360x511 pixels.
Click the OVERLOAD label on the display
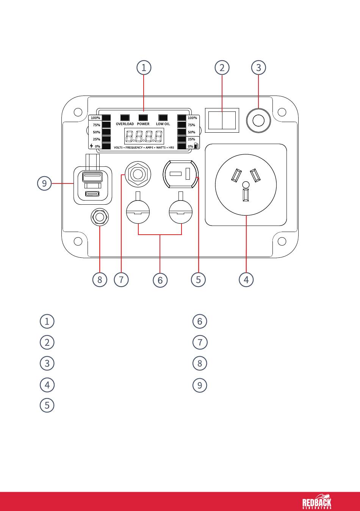click(x=125, y=124)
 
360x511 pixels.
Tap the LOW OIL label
click(x=163, y=124)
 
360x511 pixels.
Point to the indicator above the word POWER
click(x=143, y=118)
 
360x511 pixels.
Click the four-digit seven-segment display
click(x=144, y=136)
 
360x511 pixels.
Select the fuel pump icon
click(x=196, y=145)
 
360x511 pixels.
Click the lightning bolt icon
click(x=91, y=146)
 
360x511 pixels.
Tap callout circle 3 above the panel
click(x=258, y=67)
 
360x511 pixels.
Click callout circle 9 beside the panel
click(x=44, y=183)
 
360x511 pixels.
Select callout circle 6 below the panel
click(x=160, y=280)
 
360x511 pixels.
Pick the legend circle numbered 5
click(x=47, y=405)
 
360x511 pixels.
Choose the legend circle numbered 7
click(x=200, y=342)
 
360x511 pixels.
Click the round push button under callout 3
click(x=258, y=120)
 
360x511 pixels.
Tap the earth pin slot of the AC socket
click(x=246, y=195)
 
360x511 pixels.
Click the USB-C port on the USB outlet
click(x=92, y=194)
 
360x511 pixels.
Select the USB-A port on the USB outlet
click(x=92, y=177)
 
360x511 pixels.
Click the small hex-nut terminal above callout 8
click(x=100, y=217)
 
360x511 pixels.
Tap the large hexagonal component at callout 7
click(x=138, y=174)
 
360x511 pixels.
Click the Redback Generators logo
click(x=317, y=501)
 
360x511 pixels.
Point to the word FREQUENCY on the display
click(x=134, y=147)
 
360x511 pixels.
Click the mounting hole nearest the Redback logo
click(x=282, y=241)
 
